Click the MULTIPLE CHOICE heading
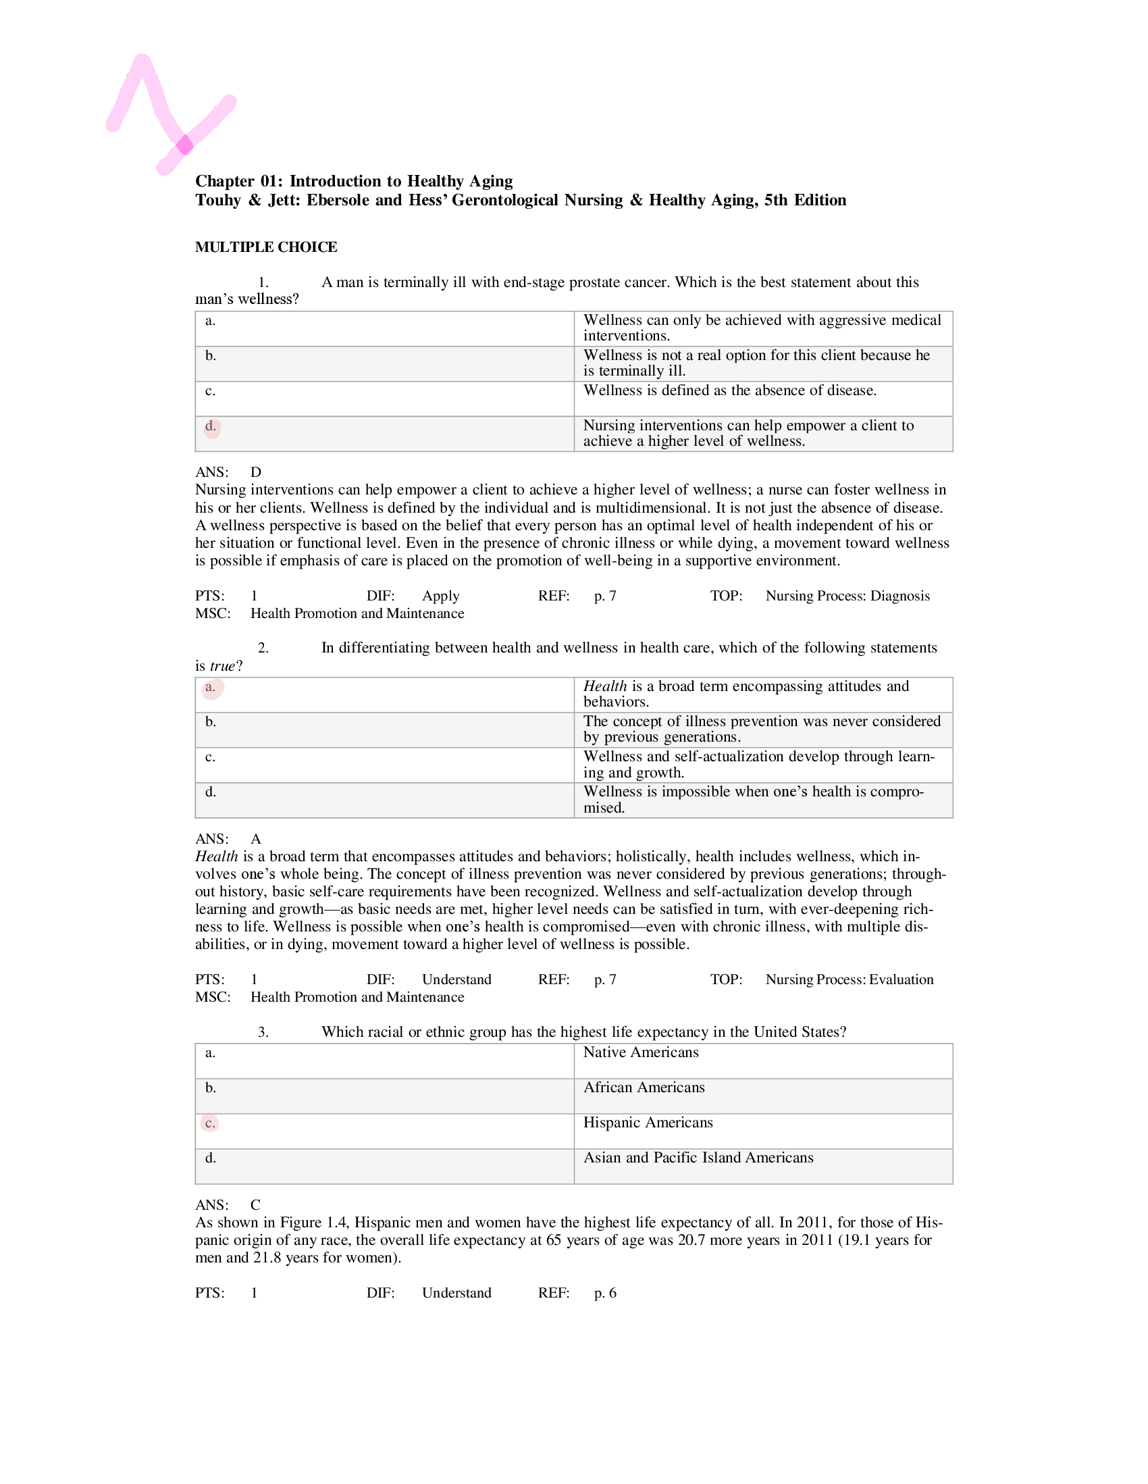click(x=265, y=247)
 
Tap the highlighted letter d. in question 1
click(x=211, y=427)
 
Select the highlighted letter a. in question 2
click(x=211, y=687)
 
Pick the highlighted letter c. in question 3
click(x=211, y=1123)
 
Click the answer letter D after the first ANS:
click(x=255, y=472)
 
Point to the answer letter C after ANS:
click(x=255, y=1205)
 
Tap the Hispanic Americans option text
click(x=648, y=1123)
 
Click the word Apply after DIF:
click(x=440, y=596)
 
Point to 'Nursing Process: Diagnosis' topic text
click(x=847, y=596)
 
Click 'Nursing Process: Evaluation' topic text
click(x=849, y=979)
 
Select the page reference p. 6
click(x=605, y=1292)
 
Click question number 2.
click(x=263, y=648)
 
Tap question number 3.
click(x=263, y=1032)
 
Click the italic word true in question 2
click(x=222, y=666)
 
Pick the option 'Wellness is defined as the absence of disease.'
click(x=729, y=390)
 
